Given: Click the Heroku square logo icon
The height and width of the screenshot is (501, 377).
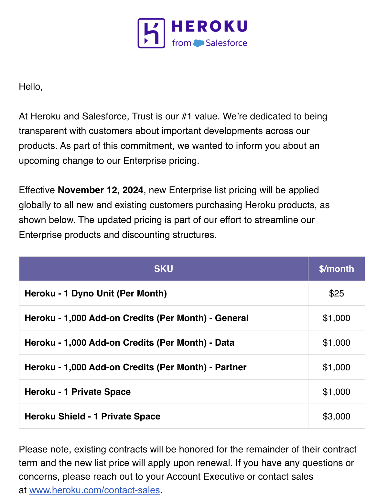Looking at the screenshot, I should tap(151, 33).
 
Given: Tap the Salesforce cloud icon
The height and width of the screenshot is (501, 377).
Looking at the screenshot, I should tap(199, 43).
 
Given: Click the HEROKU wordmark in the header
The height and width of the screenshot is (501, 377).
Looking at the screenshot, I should tap(210, 27).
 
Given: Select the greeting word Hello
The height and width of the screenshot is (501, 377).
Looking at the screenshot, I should tap(30, 86).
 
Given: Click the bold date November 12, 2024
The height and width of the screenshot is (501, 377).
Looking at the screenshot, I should tap(100, 190).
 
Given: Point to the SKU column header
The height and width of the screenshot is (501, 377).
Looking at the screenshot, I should tap(164, 269).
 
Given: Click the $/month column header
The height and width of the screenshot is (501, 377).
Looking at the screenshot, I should tap(336, 269).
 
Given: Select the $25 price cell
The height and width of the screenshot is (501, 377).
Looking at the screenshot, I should tap(336, 293).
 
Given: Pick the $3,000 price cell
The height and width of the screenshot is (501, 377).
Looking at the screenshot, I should tap(336, 416).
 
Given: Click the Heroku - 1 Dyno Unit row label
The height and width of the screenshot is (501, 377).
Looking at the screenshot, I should tap(96, 293).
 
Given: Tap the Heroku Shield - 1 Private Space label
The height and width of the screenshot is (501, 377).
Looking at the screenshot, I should tap(92, 416).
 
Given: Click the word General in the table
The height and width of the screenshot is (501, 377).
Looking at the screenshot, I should tap(232, 318).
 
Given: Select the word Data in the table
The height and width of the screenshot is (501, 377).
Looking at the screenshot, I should tap(224, 342).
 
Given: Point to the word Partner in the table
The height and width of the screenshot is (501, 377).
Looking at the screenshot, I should tap(231, 367).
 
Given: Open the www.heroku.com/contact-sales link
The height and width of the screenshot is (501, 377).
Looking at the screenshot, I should tap(94, 490).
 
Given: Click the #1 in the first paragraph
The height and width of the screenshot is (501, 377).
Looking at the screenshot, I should tap(187, 116).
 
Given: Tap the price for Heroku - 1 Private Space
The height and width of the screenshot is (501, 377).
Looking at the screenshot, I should tap(336, 392).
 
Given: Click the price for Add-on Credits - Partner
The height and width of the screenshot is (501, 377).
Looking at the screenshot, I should tap(336, 367).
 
